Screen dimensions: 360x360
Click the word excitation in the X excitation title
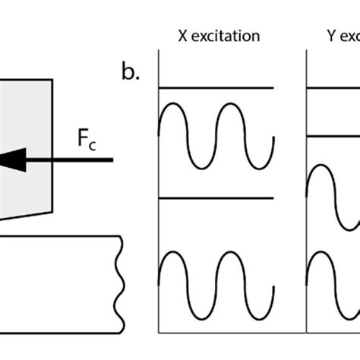229,36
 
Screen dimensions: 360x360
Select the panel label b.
131,72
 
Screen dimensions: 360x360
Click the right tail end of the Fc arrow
112,159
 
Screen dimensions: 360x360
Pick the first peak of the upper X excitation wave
175,105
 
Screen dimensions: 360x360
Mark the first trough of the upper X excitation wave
201,166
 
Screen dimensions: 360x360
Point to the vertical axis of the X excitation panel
157,190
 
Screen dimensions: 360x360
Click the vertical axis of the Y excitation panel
306,190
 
